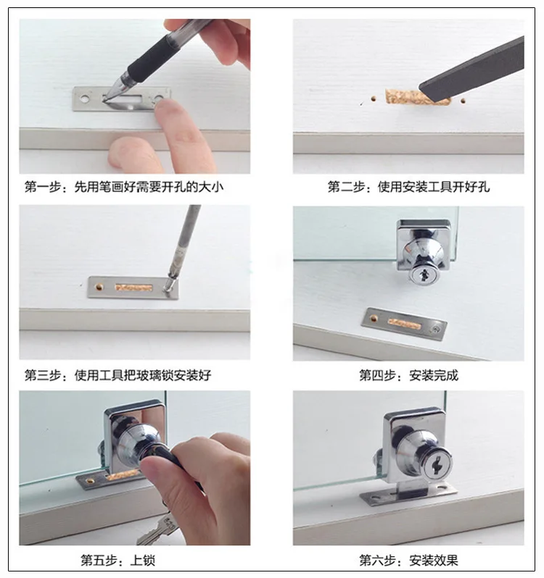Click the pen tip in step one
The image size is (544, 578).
click(105, 98)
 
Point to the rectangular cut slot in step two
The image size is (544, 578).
click(417, 97)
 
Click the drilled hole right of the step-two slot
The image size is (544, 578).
click(463, 100)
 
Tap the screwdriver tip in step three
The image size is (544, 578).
click(168, 288)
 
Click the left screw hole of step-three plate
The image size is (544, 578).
click(99, 286)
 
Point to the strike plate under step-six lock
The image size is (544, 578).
click(408, 495)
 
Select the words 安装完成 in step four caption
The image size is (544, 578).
click(434, 376)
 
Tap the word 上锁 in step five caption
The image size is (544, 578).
click(142, 561)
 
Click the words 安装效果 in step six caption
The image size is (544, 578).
click(434, 561)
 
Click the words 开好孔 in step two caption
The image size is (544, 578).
click(471, 187)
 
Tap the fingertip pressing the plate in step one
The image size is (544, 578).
click(164, 107)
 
